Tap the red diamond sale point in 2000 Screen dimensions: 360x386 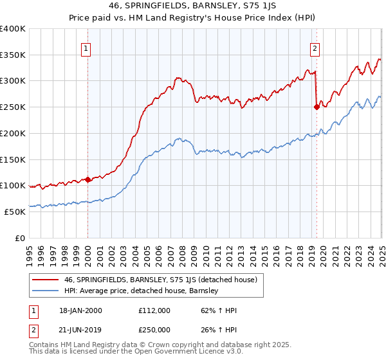pos(87,180)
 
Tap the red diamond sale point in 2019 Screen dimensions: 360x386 pos(317,107)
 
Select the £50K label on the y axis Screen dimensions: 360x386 pos(15,212)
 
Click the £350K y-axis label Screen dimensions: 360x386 pos(13,55)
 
